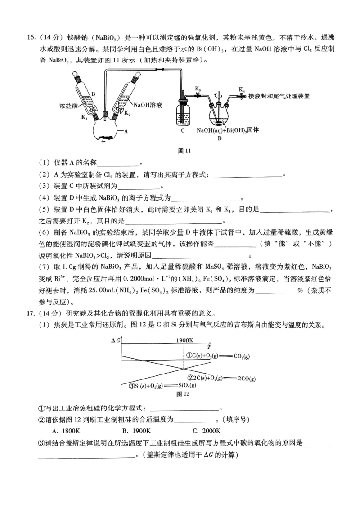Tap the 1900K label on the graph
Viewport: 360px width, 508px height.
tap(185, 340)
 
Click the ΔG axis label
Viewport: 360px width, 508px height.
tap(115, 340)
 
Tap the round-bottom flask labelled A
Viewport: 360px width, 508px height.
tap(105, 130)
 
